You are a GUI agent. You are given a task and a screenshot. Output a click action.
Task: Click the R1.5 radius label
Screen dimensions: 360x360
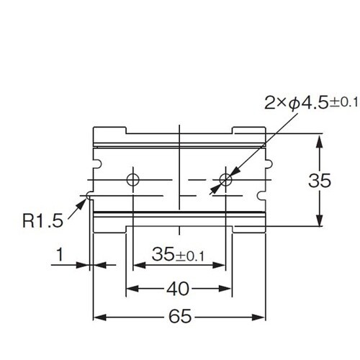[42, 220]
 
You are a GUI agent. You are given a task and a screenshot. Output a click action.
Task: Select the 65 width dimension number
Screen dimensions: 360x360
[180, 316]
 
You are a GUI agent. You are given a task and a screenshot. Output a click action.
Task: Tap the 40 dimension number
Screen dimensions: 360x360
[178, 289]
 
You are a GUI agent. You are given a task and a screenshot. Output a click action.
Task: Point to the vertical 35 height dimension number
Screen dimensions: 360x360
[320, 180]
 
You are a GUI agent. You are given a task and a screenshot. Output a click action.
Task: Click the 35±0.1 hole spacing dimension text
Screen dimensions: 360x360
[178, 254]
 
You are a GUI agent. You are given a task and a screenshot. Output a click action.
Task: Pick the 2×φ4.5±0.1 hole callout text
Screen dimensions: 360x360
[311, 104]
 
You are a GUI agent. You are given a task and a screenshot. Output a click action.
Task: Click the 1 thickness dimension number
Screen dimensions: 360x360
[60, 254]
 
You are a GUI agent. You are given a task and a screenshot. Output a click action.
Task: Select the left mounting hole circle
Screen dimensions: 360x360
[132, 179]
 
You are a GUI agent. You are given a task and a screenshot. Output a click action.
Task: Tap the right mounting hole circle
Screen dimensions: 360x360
[225, 179]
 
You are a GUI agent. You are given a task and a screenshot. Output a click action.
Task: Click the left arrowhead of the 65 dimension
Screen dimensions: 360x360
[99, 318]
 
